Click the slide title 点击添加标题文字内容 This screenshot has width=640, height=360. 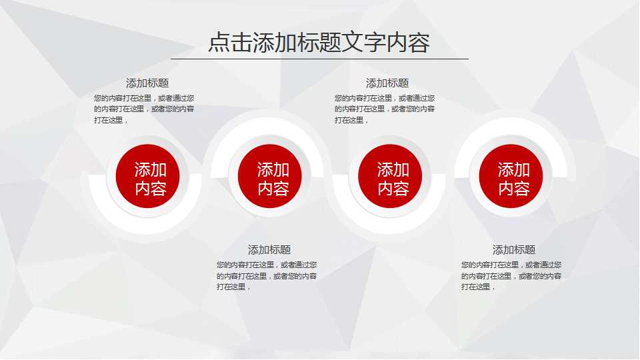coord(319,42)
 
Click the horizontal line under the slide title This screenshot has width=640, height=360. coord(319,59)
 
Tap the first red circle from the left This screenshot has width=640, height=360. coord(147,176)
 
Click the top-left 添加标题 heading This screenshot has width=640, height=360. coord(147,83)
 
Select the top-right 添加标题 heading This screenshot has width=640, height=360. coord(387,83)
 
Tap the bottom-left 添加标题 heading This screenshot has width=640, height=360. coord(269,250)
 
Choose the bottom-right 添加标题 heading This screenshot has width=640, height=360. coord(514,250)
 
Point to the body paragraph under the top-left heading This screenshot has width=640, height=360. coord(144,109)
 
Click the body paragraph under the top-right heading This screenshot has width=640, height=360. coord(385,109)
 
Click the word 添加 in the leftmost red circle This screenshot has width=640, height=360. coord(151,169)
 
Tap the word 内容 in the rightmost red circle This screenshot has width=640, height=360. coord(514,189)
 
